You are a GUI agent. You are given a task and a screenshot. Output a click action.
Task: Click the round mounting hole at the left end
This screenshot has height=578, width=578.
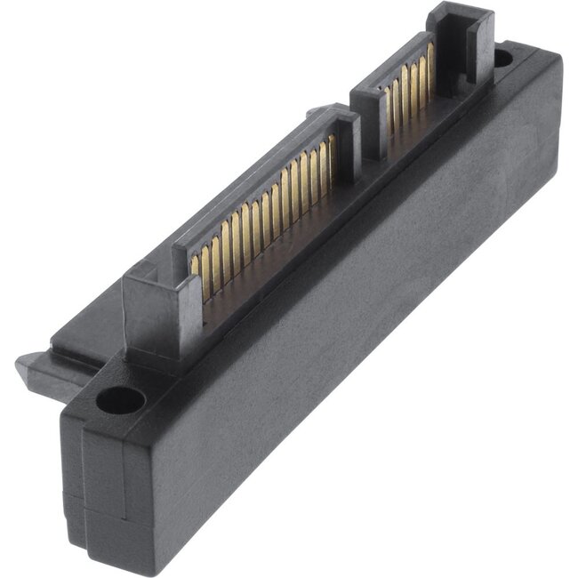[x=118, y=400]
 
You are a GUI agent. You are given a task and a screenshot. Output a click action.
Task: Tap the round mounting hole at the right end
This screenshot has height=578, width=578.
[x=503, y=60]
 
